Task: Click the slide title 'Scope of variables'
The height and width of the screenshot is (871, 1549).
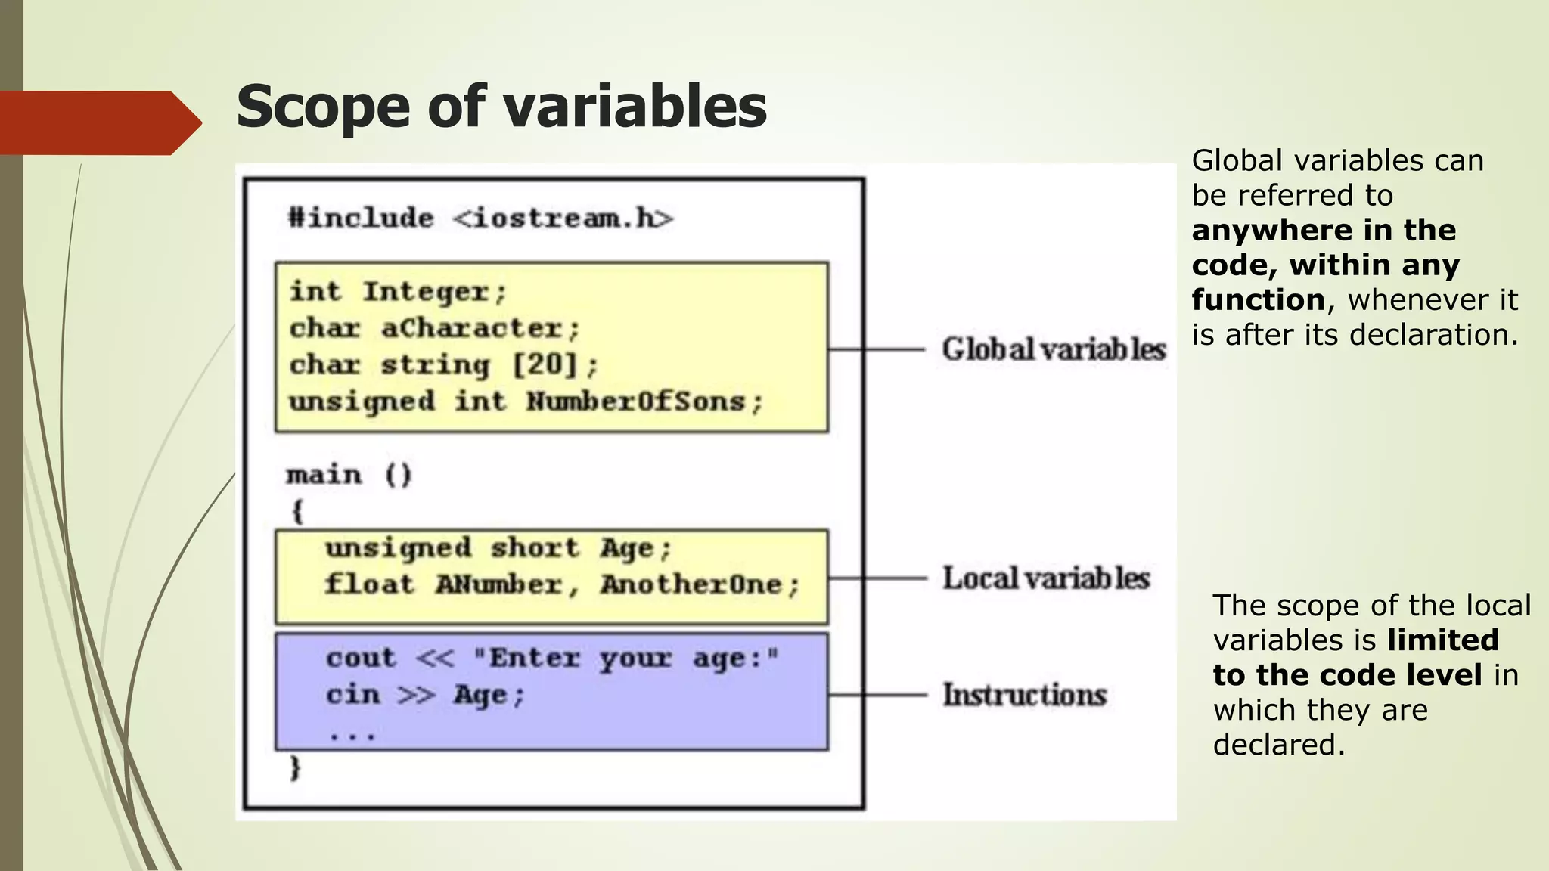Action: point(501,107)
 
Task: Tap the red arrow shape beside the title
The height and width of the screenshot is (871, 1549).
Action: point(98,122)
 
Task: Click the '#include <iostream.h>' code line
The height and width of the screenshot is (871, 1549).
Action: point(480,219)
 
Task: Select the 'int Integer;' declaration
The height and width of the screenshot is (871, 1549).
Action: point(398,292)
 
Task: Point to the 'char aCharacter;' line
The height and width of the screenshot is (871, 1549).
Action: point(434,328)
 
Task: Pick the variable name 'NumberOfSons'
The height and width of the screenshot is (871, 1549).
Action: point(636,401)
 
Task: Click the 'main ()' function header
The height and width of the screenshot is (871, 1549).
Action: point(349,475)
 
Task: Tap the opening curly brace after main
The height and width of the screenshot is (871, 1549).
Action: point(297,512)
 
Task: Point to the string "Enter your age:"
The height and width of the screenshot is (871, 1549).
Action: point(625,658)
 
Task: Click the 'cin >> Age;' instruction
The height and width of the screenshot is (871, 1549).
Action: point(425,695)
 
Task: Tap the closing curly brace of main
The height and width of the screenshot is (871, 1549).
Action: point(296,768)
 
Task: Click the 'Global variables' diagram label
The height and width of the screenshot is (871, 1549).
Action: point(1054,349)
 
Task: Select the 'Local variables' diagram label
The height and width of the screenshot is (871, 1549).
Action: point(1045,578)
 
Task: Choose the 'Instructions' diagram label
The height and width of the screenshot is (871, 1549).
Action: point(1024,695)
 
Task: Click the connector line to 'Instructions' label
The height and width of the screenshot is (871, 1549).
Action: point(877,695)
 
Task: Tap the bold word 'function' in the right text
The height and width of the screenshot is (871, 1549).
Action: point(1258,300)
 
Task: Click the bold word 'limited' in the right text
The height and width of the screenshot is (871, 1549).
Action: point(1442,640)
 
